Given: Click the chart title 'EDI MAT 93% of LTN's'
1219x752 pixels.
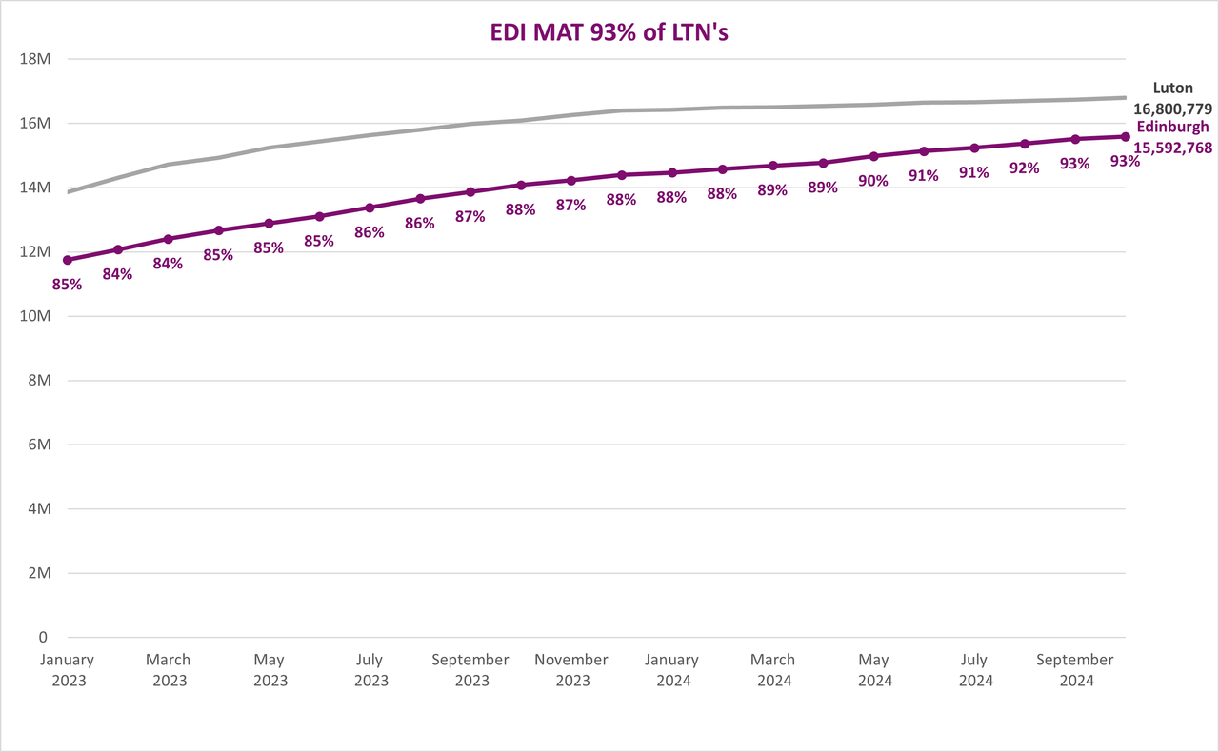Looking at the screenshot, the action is [x=609, y=32].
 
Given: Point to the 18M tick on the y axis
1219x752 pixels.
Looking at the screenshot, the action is [x=35, y=59].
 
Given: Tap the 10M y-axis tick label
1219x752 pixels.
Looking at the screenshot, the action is [x=35, y=316].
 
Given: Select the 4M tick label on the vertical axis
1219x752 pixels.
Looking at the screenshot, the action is [x=40, y=508].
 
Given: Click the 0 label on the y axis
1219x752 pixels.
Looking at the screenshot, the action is [x=43, y=637].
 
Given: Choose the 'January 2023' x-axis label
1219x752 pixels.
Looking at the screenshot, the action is [x=68, y=670].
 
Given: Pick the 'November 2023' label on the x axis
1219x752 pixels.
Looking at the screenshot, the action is [x=571, y=670].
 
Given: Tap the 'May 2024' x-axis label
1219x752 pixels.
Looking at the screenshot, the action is [x=874, y=670].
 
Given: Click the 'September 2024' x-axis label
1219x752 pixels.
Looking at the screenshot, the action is [x=1075, y=670].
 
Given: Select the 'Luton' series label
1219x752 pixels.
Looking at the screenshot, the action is [x=1172, y=89].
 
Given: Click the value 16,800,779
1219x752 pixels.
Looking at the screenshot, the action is [x=1172, y=109].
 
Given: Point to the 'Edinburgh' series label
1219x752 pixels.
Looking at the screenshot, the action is [x=1172, y=127].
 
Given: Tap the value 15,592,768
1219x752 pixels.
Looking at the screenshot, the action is [x=1172, y=148].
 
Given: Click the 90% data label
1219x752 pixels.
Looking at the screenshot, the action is [x=873, y=181].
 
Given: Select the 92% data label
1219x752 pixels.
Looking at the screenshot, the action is [x=1025, y=168].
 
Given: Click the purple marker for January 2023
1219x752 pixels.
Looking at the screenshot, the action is [x=68, y=260].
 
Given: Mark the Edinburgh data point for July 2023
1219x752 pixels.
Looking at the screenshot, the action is [x=370, y=208].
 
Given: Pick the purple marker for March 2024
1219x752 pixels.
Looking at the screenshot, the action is [x=773, y=166].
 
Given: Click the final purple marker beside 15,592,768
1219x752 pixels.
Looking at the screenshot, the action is [x=1126, y=136].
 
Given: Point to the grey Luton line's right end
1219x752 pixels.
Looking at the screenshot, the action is [x=1126, y=98].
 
